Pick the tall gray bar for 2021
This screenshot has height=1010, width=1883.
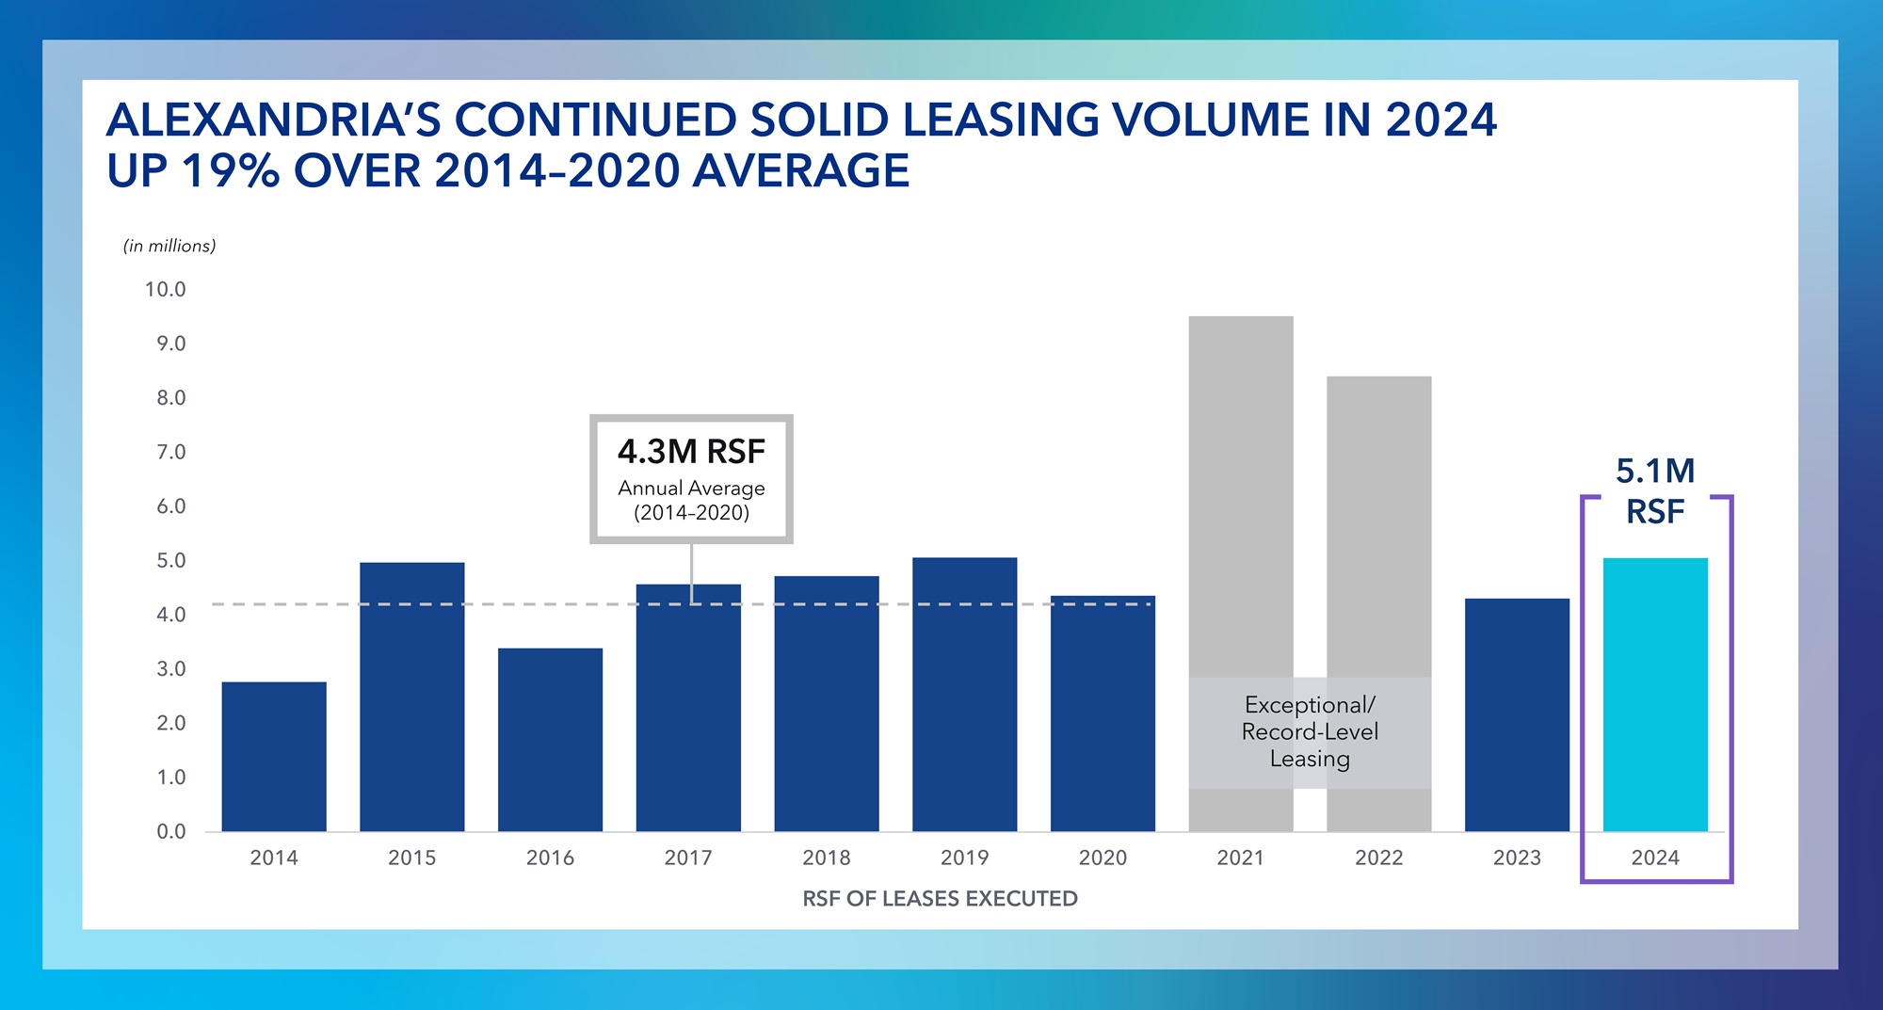[1240, 489]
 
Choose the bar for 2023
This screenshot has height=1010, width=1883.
[1517, 714]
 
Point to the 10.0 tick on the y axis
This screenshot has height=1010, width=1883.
[165, 290]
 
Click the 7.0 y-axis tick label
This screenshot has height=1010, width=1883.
[170, 453]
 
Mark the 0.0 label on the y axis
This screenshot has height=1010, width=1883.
[170, 832]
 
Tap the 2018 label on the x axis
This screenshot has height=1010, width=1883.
[826, 858]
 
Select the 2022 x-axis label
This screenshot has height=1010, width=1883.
[1378, 858]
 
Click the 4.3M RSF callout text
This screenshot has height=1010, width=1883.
[691, 452]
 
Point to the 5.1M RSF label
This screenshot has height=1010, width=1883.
[1654, 490]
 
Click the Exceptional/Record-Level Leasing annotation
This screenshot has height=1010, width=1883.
[1309, 732]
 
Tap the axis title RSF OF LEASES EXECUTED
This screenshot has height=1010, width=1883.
[940, 899]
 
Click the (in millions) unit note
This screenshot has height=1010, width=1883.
[169, 246]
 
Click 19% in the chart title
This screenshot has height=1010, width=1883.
[230, 171]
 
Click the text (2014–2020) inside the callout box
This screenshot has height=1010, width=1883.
[691, 513]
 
